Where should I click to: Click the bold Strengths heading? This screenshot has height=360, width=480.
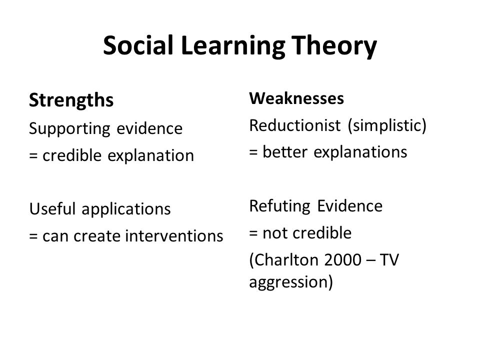(x=71, y=101)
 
